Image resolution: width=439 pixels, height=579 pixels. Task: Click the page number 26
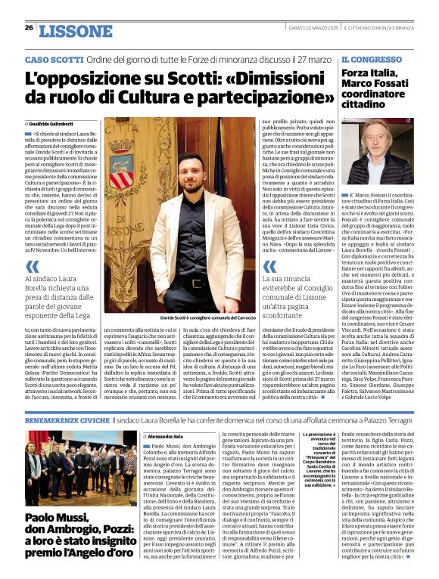point(29,28)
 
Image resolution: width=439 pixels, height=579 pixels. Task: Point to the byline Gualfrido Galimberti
point(54,123)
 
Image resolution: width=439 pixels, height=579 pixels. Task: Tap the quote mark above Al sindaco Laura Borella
point(33,266)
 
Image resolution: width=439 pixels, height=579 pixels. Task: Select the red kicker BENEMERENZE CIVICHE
point(67,419)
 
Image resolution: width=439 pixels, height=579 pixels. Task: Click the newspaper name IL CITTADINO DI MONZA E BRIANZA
point(377,28)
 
